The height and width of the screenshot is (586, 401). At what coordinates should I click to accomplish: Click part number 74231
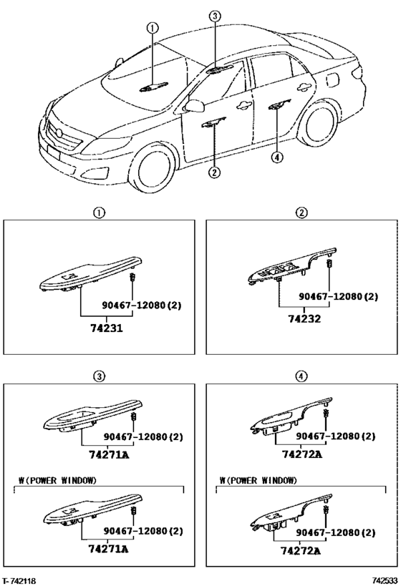point(107,328)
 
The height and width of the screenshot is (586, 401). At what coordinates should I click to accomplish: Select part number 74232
point(304,319)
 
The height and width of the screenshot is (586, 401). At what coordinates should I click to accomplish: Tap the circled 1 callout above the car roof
point(153,28)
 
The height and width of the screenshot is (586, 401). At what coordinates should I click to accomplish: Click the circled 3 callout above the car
point(215,16)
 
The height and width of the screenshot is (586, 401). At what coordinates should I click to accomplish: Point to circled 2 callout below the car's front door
point(214,172)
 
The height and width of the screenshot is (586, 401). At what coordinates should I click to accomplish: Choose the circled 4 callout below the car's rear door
point(277,157)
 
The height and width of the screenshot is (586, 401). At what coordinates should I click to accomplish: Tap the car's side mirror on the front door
point(195,106)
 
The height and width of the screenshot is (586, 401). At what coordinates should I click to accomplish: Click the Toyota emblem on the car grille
point(59,133)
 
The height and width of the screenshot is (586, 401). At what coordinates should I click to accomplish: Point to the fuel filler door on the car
point(332,80)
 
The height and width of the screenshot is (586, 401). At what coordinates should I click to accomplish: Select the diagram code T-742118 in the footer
point(19,581)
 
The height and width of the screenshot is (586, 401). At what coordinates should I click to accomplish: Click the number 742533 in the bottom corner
point(385,580)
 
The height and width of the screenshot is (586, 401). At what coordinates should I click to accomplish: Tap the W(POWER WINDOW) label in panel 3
point(57,480)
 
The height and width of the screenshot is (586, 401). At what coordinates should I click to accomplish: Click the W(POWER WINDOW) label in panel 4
point(258,480)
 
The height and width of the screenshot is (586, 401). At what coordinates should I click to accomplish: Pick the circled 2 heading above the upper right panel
point(301,213)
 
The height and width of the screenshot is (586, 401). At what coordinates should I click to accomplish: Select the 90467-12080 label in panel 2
point(338,296)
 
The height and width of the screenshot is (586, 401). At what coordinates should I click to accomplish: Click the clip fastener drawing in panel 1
point(132,278)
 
